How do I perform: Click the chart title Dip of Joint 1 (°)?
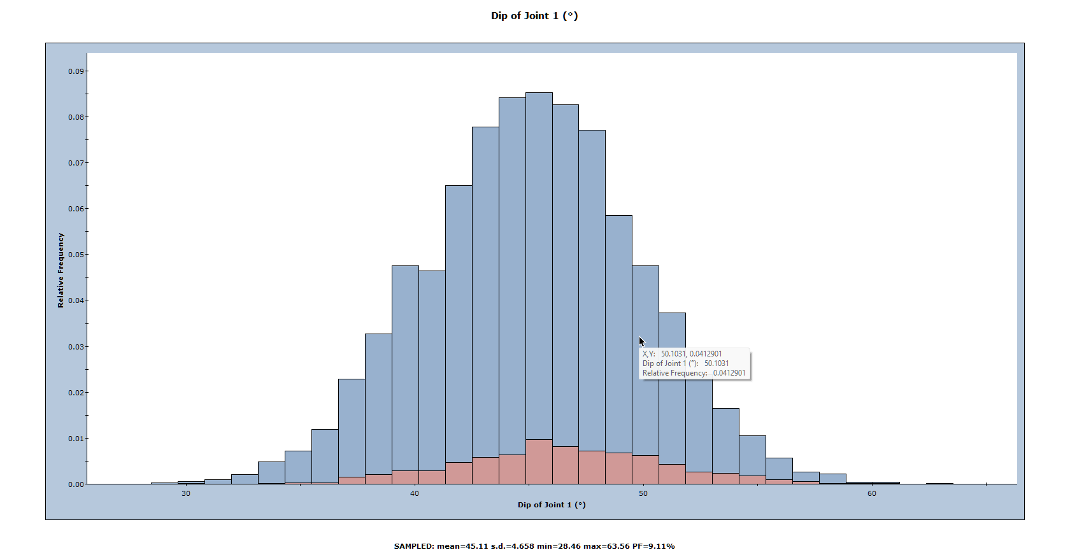click(x=534, y=16)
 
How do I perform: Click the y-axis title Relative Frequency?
click(x=61, y=270)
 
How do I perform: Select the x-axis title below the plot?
click(x=552, y=505)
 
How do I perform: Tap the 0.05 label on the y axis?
click(x=76, y=255)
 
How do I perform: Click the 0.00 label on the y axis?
click(x=76, y=484)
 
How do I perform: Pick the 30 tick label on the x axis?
click(x=185, y=493)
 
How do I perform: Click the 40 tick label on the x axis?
click(x=415, y=493)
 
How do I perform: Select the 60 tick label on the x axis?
click(x=871, y=493)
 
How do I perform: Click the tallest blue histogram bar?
click(x=539, y=255)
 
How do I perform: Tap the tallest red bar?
click(x=539, y=462)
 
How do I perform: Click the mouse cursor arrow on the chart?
click(x=641, y=341)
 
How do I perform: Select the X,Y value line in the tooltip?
click(x=682, y=354)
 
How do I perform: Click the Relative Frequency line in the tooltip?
click(x=694, y=373)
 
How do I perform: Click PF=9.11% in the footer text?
click(x=653, y=546)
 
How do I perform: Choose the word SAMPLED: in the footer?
click(x=414, y=546)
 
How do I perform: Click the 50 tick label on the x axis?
click(x=643, y=493)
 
